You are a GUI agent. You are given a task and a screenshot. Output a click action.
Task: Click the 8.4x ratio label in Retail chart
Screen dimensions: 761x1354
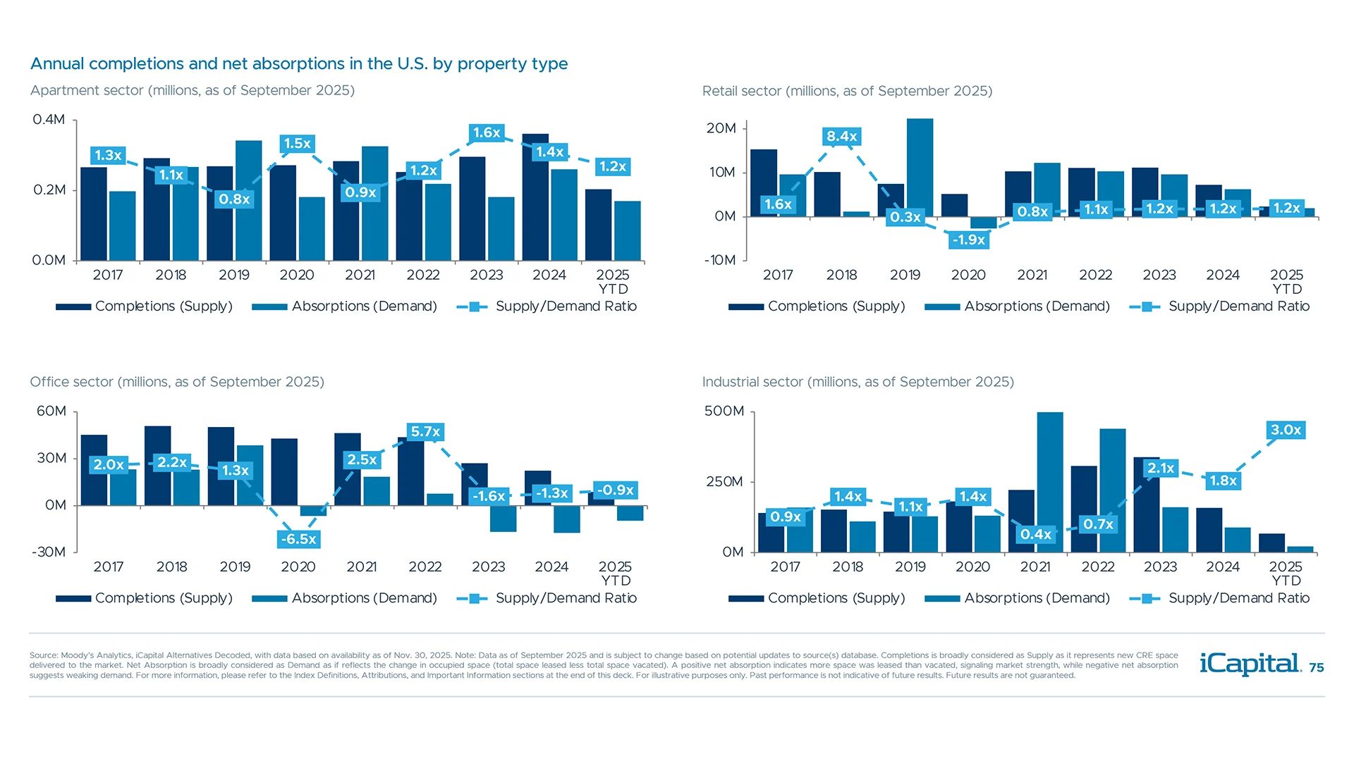[x=841, y=136]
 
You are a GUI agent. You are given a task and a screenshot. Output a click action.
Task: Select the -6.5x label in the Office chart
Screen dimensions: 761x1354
[x=298, y=539]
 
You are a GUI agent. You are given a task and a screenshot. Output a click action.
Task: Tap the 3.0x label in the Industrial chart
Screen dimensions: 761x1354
[x=1286, y=430]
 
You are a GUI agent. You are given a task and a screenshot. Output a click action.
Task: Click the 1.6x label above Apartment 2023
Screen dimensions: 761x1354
[x=487, y=132]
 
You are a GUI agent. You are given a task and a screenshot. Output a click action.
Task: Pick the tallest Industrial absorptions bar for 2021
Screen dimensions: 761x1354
[x=1050, y=482]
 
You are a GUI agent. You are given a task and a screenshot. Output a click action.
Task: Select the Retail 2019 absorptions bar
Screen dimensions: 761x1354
[x=920, y=168]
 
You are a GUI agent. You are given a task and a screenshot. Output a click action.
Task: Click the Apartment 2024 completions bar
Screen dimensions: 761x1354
[x=535, y=197]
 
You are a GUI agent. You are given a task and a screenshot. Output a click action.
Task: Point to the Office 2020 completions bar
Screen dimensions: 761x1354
[x=284, y=472]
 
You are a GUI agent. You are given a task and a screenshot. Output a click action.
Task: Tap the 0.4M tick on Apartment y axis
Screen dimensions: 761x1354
[x=49, y=120]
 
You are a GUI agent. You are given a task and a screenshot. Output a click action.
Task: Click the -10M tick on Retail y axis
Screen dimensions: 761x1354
[x=720, y=260]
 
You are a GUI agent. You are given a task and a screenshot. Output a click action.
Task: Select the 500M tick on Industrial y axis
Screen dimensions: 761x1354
[x=724, y=411]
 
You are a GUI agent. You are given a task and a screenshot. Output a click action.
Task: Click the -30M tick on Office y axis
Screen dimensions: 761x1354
[x=49, y=552]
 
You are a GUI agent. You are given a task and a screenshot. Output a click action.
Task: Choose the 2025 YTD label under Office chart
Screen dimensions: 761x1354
[x=615, y=574]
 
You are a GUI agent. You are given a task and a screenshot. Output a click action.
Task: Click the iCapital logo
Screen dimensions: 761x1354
[x=1250, y=664]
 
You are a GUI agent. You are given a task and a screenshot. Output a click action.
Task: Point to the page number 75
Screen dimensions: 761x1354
[x=1316, y=667]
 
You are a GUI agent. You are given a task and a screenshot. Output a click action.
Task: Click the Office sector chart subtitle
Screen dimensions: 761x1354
[x=177, y=382]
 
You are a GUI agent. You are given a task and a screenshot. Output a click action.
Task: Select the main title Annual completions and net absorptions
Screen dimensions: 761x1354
[x=299, y=63]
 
